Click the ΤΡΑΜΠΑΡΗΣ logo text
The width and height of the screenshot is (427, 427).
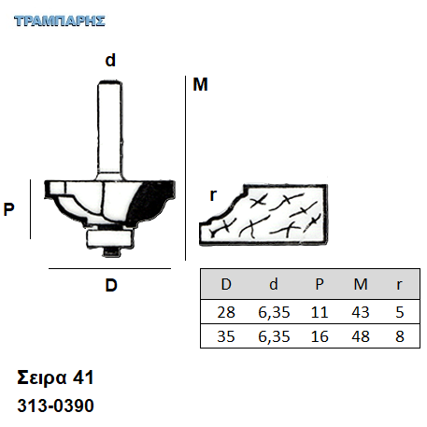pos(60,21)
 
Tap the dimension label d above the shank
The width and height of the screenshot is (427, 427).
pos(110,60)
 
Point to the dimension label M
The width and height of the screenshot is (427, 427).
pos(200,84)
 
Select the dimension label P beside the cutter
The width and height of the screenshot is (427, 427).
pos(8,209)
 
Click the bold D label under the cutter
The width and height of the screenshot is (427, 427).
pos(111,285)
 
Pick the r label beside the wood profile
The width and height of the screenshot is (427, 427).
pos(213,195)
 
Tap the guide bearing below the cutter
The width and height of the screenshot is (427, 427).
pos(109,238)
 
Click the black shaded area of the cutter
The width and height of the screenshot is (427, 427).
pos(151,201)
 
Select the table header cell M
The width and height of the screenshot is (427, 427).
pos(361,284)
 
